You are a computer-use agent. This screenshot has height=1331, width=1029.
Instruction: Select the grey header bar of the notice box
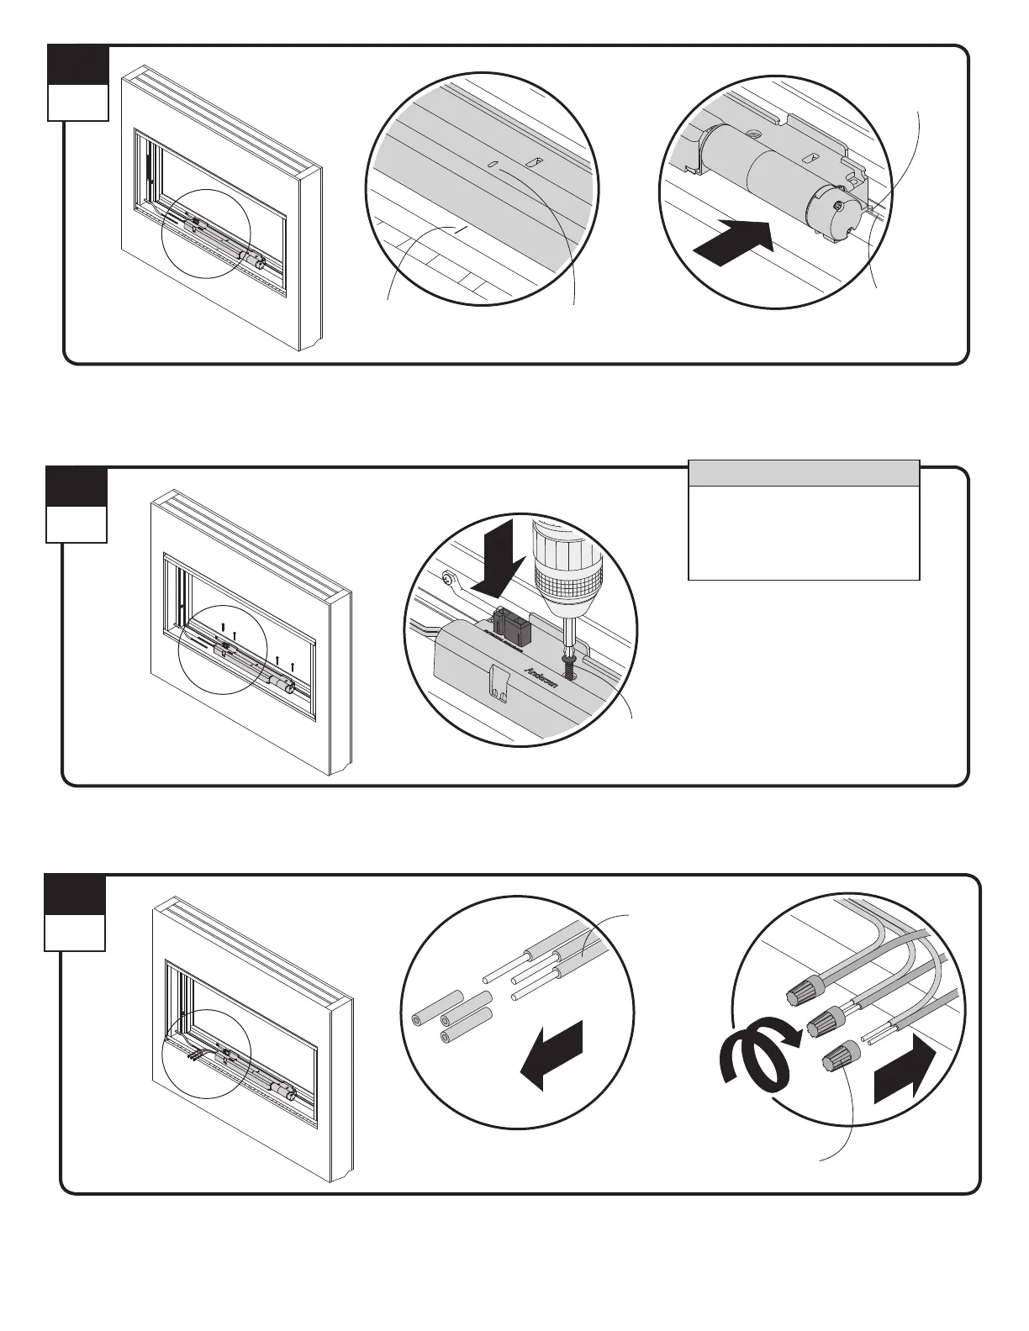(804, 473)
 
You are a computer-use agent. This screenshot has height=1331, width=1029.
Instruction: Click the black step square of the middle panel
(77, 487)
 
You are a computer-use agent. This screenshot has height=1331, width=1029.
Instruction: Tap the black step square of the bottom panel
(75, 895)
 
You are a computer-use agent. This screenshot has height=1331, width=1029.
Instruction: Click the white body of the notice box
(804, 533)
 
